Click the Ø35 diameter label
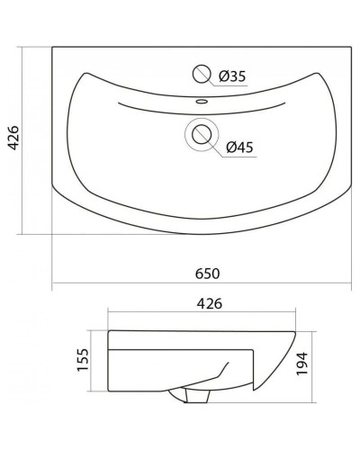[232, 77]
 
